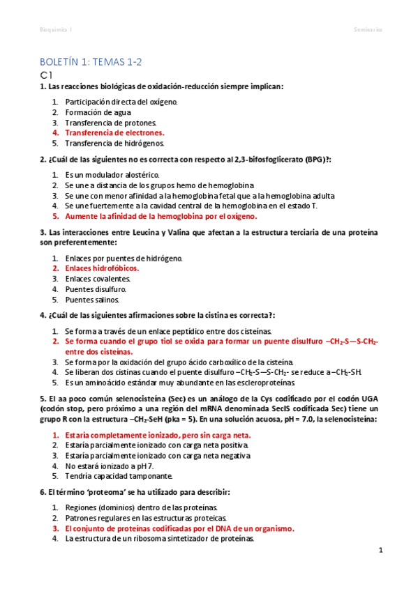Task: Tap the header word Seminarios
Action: pos(367,29)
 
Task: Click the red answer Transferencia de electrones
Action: pos(114,132)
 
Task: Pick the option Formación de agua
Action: pos(92,112)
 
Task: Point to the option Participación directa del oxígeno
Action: pos(121,102)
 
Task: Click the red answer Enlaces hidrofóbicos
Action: pos(101,268)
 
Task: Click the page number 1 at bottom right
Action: pos(381,551)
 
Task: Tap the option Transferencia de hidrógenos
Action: pos(114,143)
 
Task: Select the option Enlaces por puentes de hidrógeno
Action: pos(123,258)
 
